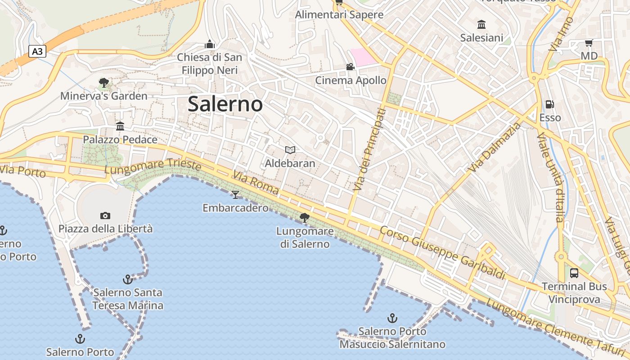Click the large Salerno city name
click(225, 104)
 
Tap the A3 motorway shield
click(37, 52)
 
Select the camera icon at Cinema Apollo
click(350, 67)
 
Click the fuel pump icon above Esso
click(549, 104)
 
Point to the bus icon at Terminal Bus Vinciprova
click(574, 273)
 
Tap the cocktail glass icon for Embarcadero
click(235, 194)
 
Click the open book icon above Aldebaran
click(290, 150)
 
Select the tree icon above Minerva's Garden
click(104, 82)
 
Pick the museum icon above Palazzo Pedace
click(120, 126)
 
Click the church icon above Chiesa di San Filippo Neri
click(209, 44)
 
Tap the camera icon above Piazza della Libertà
click(105, 216)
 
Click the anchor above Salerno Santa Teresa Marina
click(128, 279)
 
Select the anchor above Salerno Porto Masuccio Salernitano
click(392, 318)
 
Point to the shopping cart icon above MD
click(589, 43)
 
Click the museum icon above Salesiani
click(481, 24)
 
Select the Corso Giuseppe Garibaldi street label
click(442, 253)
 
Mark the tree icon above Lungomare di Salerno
click(305, 218)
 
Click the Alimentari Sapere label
click(339, 15)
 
